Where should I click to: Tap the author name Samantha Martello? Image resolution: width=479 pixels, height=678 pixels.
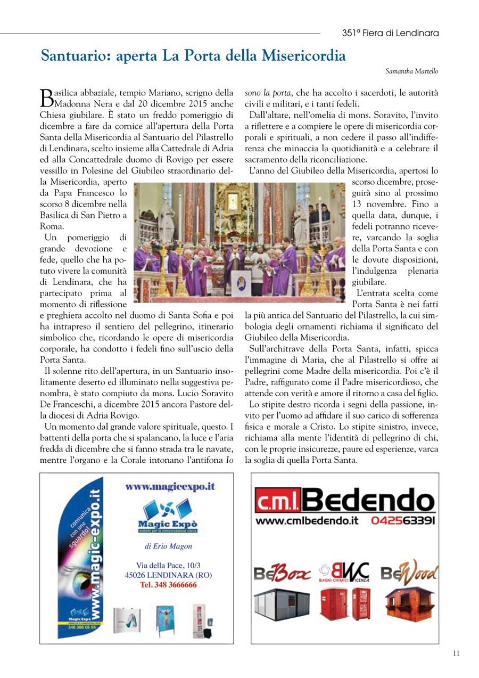[x=412, y=71]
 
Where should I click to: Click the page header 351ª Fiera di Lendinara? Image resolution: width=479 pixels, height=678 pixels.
[x=390, y=33]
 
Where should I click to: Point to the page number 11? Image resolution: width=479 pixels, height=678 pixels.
[x=456, y=653]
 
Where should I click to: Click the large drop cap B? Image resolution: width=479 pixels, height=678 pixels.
[x=46, y=96]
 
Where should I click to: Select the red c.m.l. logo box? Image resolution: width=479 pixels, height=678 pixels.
[x=279, y=501]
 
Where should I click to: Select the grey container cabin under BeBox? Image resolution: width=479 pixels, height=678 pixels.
[x=282, y=605]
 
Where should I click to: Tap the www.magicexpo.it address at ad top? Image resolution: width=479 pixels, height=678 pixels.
[x=170, y=486]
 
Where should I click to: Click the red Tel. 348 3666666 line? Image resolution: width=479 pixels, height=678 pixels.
[x=168, y=585]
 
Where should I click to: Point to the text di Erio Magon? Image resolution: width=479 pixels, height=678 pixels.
[x=168, y=546]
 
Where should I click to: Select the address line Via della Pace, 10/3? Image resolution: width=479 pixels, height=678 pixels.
[x=168, y=565]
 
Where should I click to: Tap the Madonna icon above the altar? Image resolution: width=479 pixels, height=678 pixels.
[x=233, y=203]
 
